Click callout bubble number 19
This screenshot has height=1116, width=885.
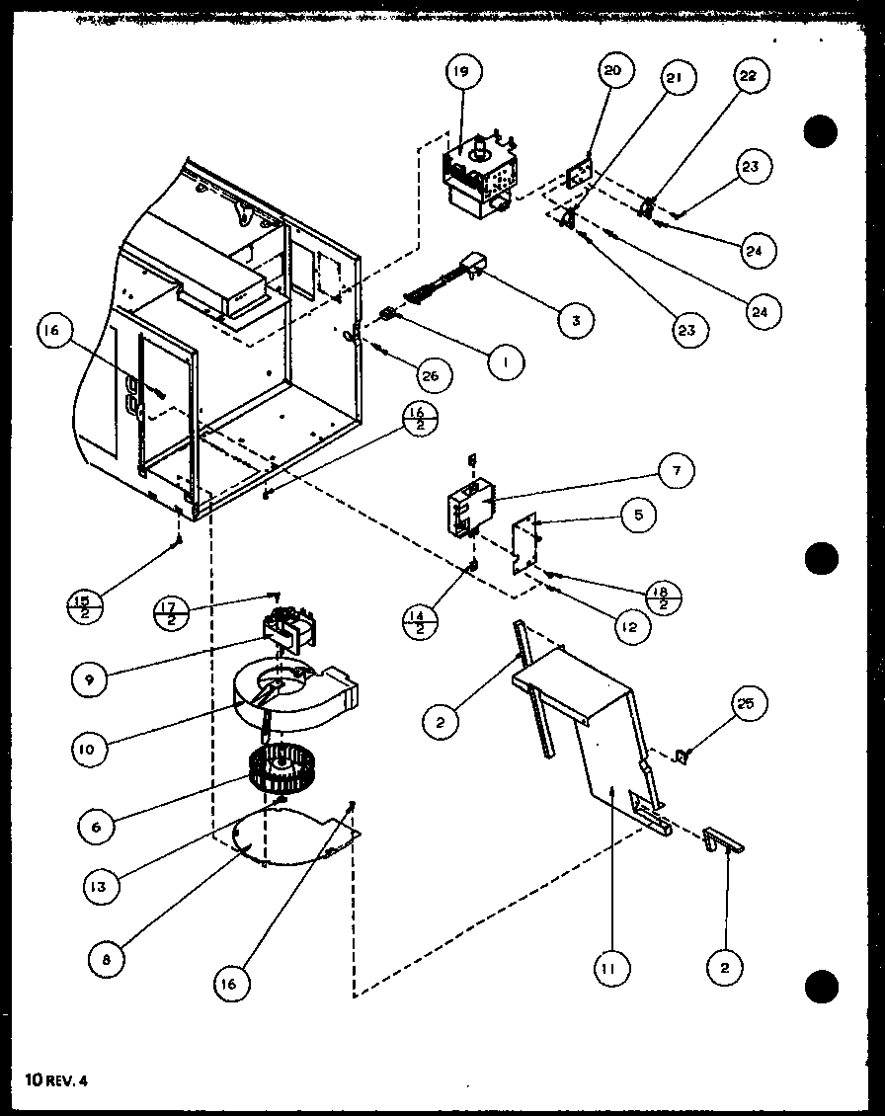463,71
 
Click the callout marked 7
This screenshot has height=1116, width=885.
676,471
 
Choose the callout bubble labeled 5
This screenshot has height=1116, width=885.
639,515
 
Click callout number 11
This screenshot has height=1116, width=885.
611,970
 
